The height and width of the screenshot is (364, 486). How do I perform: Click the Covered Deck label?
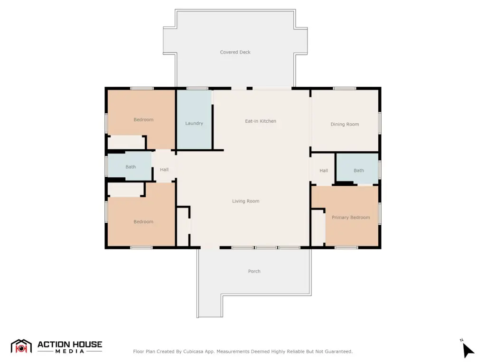[x=235, y=52]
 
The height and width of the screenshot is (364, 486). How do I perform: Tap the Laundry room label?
[x=194, y=123]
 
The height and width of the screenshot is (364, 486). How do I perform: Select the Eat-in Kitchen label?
[x=261, y=121]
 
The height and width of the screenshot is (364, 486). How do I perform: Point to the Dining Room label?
[x=345, y=124]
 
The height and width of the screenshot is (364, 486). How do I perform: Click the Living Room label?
[x=245, y=201]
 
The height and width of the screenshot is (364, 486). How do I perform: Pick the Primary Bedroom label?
[x=351, y=217]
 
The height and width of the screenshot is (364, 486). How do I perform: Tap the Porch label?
[x=254, y=271]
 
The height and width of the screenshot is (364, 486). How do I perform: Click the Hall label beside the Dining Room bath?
[x=324, y=171]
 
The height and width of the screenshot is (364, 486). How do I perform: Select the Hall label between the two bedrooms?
[x=164, y=170]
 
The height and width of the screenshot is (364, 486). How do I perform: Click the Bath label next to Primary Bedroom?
[x=359, y=171]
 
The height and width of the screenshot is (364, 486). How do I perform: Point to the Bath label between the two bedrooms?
[x=131, y=167]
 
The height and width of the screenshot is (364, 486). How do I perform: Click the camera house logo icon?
[x=21, y=346]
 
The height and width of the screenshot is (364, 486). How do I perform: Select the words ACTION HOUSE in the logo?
[x=70, y=345]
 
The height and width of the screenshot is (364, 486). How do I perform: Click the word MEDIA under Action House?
[x=70, y=351]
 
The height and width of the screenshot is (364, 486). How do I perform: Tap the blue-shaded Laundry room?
[x=194, y=119]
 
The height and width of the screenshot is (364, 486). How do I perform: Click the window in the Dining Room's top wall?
[x=345, y=89]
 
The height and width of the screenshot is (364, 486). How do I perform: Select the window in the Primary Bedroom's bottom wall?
[x=346, y=247]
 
